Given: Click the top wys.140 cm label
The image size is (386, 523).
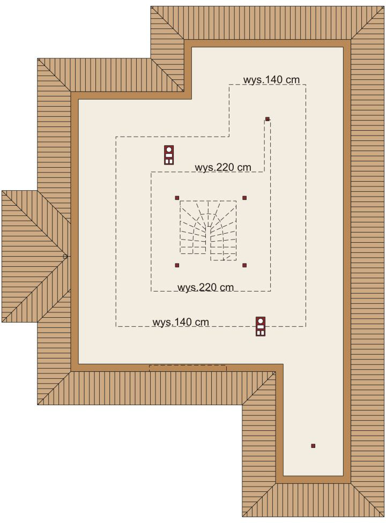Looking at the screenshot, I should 271,79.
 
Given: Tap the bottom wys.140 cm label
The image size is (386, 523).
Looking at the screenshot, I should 181,322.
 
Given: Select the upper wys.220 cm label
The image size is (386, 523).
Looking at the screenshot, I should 222,167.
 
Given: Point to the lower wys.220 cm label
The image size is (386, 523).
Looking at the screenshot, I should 205,287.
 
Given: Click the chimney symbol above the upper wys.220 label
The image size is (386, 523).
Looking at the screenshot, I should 169,154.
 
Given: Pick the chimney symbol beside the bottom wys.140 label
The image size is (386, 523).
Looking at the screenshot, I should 261,326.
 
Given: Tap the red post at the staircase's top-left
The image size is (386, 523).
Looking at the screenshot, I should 177,198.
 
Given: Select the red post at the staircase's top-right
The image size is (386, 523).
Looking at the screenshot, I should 244,198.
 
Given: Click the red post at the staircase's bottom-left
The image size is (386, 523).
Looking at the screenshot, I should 177,265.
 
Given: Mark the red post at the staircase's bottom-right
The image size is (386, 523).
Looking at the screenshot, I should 244,265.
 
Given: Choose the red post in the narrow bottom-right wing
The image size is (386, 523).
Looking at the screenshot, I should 313,445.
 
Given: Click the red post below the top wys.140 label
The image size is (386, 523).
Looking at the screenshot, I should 267,119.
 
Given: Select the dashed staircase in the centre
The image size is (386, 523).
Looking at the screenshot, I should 208,230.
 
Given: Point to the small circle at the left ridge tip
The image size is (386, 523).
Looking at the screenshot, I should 65,257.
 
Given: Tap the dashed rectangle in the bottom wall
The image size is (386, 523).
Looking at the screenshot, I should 187,368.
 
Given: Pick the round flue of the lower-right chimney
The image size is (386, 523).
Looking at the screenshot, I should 261,322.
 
